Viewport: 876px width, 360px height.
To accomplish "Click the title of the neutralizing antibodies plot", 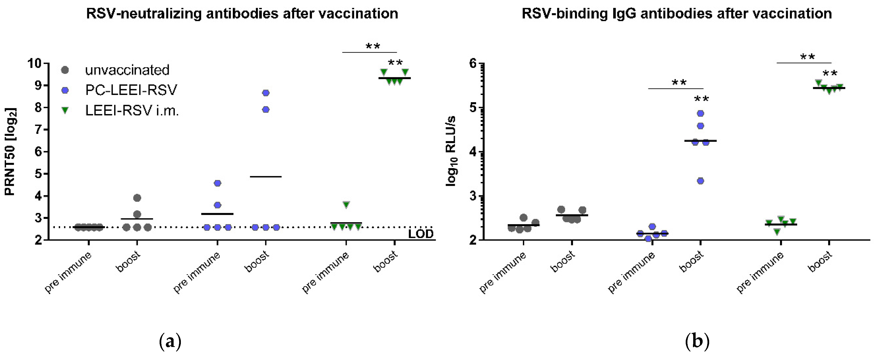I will [242, 14].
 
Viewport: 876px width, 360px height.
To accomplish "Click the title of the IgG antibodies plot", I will [677, 14].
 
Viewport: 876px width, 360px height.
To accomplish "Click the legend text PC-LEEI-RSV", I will [131, 90].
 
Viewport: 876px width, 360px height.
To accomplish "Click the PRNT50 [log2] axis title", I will [10, 152].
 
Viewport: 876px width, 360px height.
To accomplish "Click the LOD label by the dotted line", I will [421, 234].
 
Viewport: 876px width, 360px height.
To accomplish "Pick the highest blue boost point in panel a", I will [266, 93].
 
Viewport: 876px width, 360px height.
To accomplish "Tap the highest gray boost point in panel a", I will [137, 198].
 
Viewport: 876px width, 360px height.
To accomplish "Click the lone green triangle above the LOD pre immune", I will [346, 205].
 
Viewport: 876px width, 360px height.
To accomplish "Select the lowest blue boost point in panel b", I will [700, 181].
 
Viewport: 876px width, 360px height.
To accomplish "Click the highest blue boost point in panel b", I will [700, 114].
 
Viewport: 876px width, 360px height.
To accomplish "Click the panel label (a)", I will [170, 342].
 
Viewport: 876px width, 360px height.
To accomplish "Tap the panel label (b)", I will [697, 342].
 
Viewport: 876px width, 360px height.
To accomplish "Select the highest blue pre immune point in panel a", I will [218, 183].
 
